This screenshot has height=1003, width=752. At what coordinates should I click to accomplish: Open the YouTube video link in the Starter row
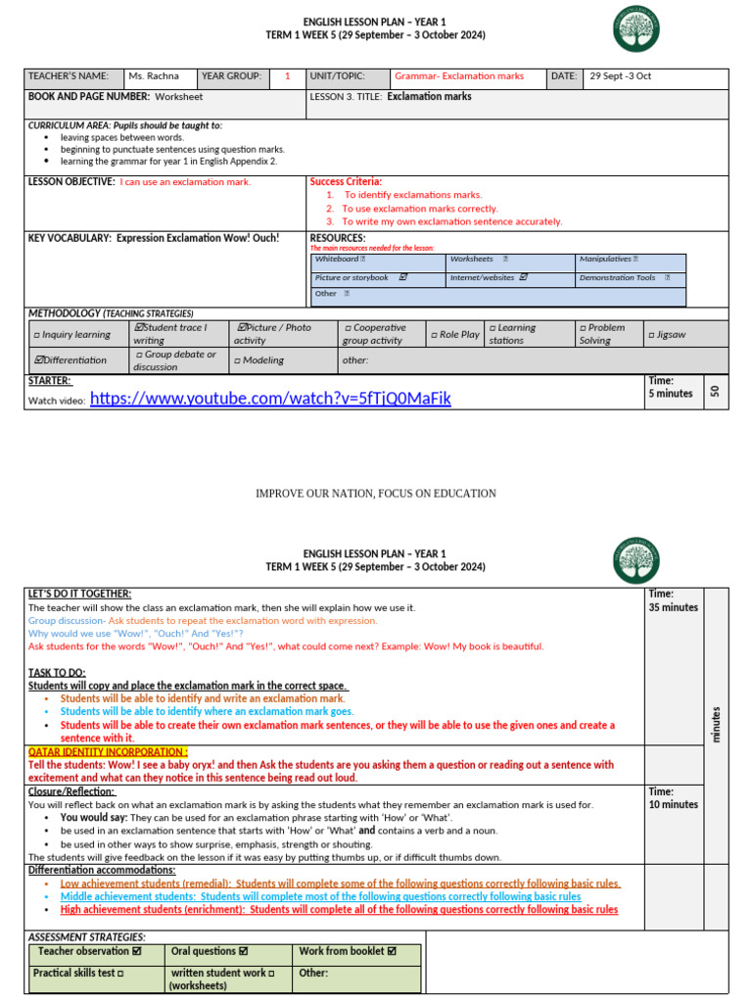pyautogui.click(x=270, y=398)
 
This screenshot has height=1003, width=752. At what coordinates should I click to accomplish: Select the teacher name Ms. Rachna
pyautogui.click(x=154, y=76)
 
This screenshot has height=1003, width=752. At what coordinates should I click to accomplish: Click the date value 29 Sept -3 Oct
pyautogui.click(x=620, y=76)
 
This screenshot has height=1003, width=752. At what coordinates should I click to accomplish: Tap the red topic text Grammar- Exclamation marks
pyautogui.click(x=458, y=76)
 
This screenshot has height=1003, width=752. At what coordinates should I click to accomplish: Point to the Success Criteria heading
pyautogui.click(x=346, y=182)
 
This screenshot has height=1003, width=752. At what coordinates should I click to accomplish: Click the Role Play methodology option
pyautogui.click(x=455, y=334)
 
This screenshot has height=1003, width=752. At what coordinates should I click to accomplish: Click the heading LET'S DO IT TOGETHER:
pyautogui.click(x=79, y=595)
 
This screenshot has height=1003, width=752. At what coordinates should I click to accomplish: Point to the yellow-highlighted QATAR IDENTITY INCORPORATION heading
pyautogui.click(x=94, y=751)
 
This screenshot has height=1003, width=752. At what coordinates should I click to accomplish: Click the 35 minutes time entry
pyautogui.click(x=673, y=607)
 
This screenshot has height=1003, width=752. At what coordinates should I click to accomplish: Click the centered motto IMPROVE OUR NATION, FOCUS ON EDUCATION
pyautogui.click(x=376, y=494)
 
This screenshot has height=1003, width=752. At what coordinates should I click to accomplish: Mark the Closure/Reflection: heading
pyautogui.click(x=71, y=791)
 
